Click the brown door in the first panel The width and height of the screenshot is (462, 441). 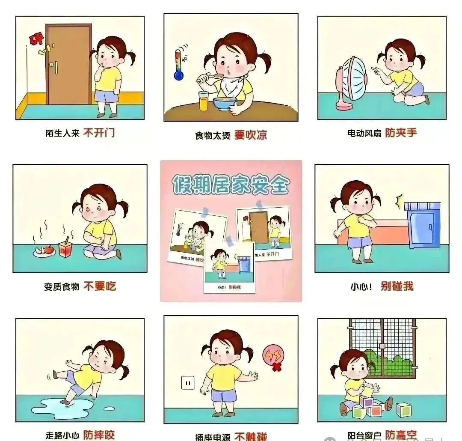click(x=68, y=64)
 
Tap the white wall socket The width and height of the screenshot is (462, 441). click(x=187, y=382)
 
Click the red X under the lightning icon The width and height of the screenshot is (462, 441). click(x=277, y=367)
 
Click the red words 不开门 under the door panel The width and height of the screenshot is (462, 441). click(x=99, y=133)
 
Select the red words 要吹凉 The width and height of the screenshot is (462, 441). click(x=251, y=135)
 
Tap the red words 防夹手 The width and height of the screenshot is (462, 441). click(x=401, y=133)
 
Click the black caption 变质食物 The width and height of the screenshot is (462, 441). click(x=62, y=287)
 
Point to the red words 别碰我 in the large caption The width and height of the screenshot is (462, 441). click(x=397, y=286)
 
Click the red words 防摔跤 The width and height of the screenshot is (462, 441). click(x=99, y=435)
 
